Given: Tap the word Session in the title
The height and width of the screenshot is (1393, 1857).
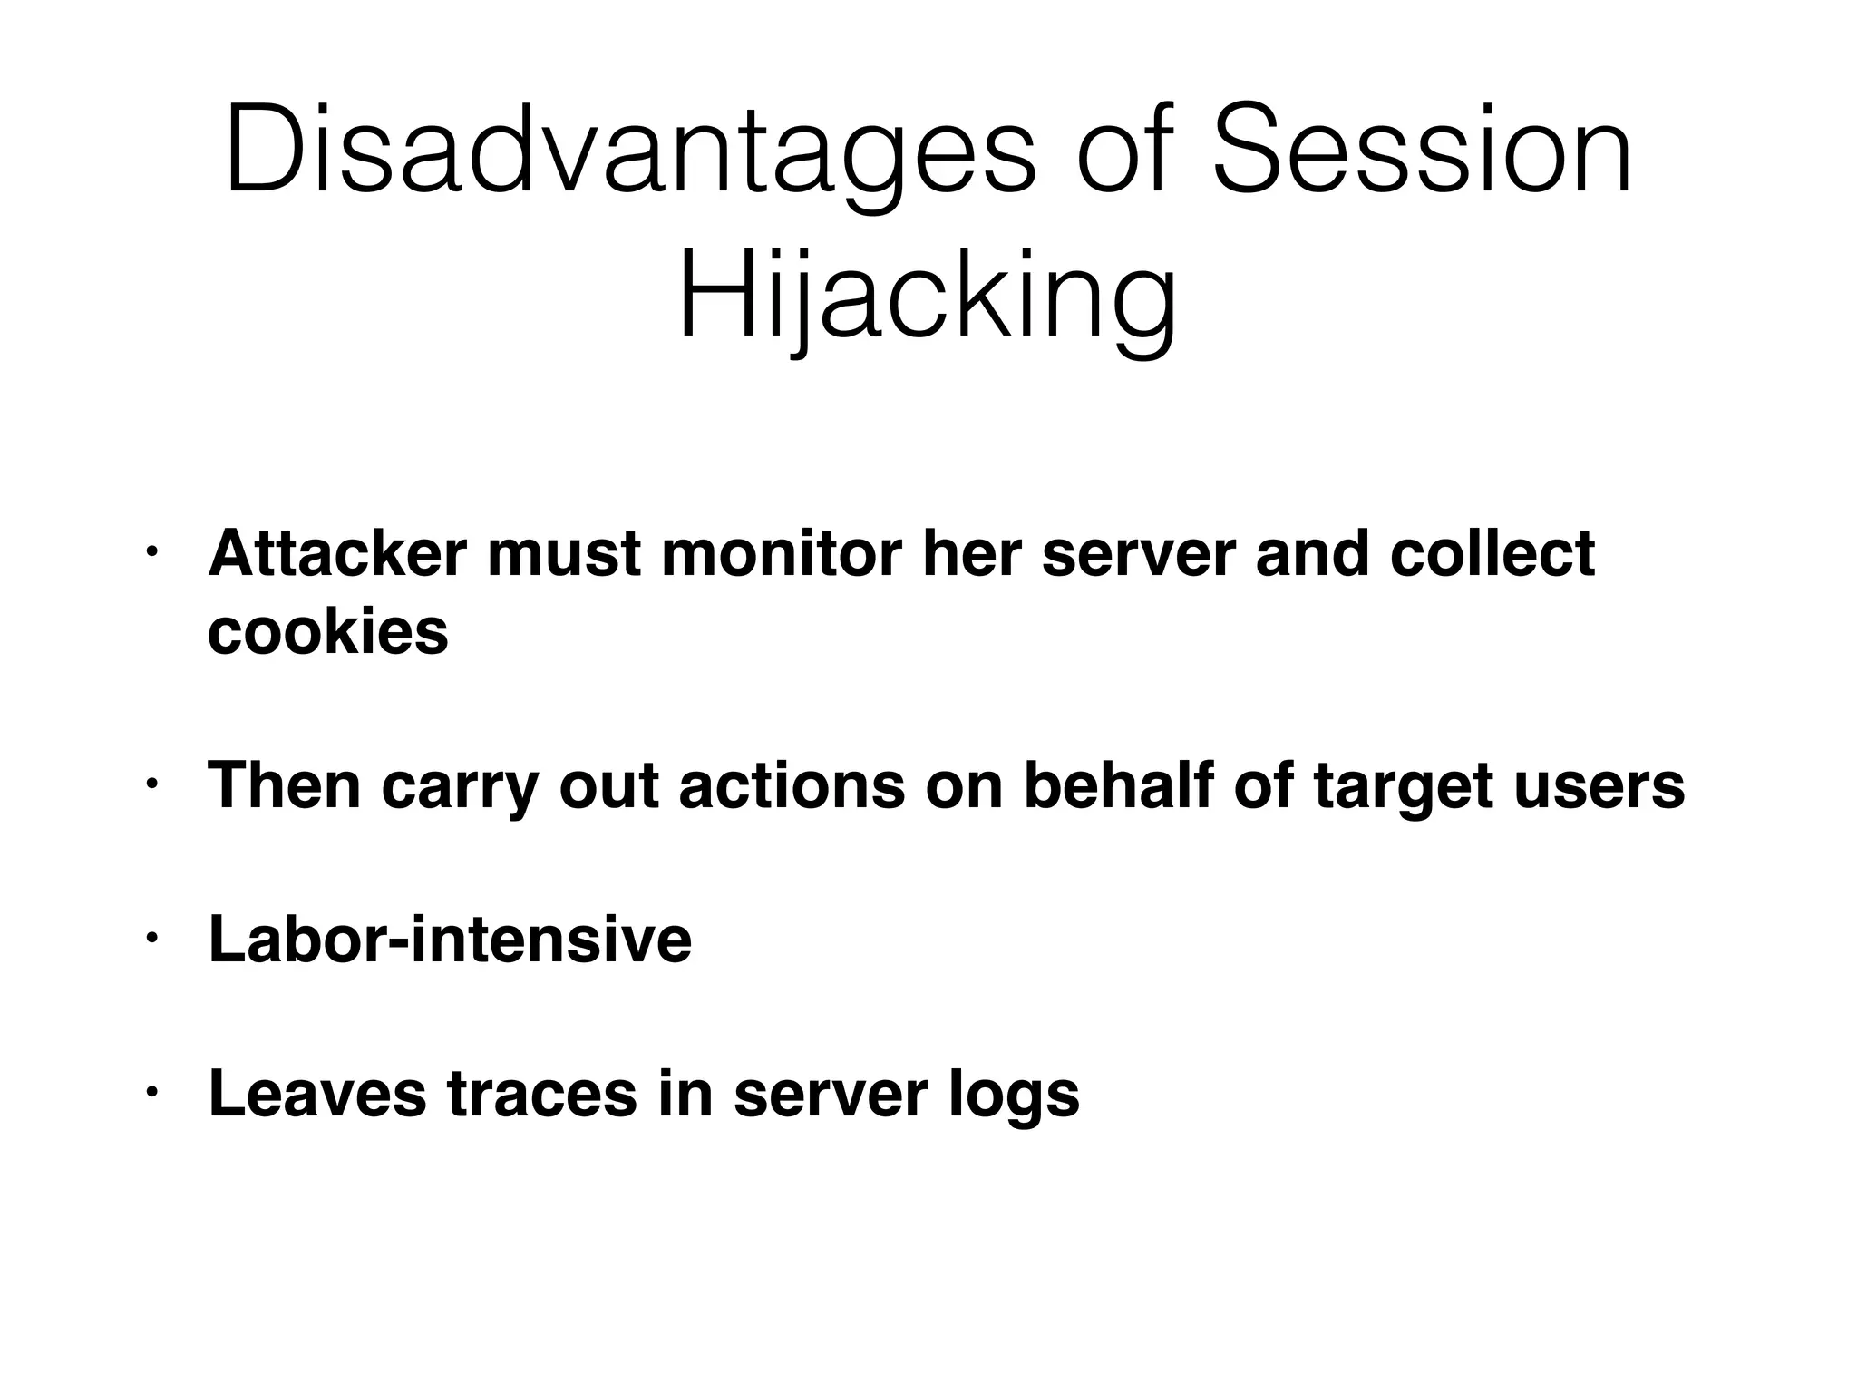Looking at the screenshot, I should pos(1422,150).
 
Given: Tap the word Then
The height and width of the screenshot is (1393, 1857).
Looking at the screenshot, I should pos(285,785).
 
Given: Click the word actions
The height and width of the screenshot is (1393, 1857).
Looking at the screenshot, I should pos(791,785).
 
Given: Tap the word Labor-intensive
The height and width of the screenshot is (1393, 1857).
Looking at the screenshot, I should pos(450,940).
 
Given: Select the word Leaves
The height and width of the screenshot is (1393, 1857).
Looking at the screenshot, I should pos(317,1094).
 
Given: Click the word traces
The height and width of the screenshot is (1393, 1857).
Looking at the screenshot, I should pos(542,1094).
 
